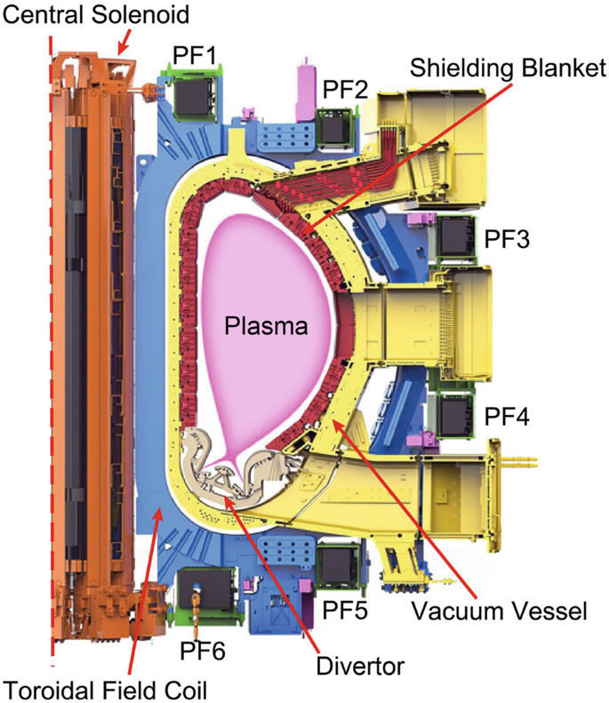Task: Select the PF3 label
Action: click(508, 239)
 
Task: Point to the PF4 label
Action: click(507, 415)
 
